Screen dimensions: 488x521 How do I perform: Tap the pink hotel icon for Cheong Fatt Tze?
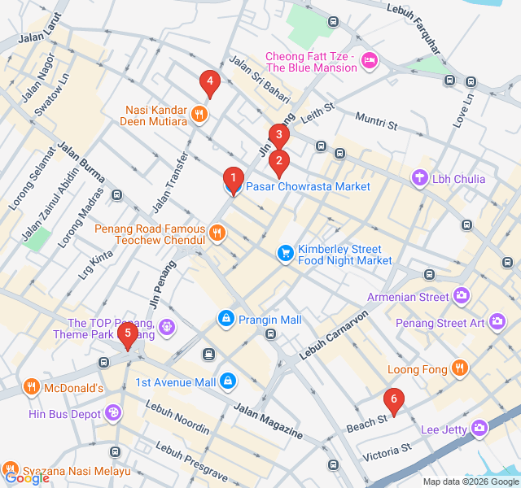pyautogui.click(x=370, y=61)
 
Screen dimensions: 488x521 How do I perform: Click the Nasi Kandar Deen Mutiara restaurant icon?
pyautogui.click(x=199, y=115)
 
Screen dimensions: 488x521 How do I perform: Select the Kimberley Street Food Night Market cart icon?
pyautogui.click(x=285, y=254)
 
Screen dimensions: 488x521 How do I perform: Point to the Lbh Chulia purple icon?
pyautogui.click(x=419, y=178)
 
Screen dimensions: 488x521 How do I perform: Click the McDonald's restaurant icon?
pyautogui.click(x=31, y=387)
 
